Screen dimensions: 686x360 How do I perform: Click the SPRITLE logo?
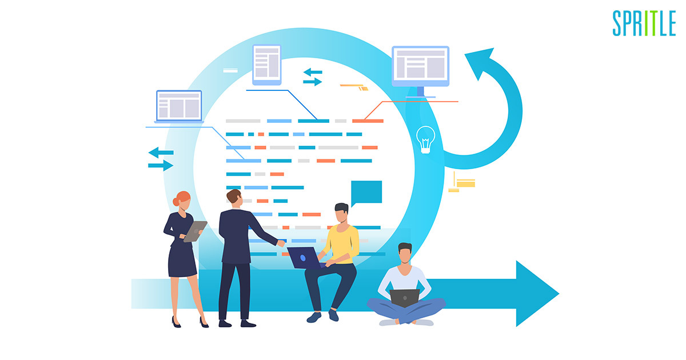click(644, 23)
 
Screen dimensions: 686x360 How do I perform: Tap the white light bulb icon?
click(425, 139)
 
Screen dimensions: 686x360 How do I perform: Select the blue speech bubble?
click(366, 193)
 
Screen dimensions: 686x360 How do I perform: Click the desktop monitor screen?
click(421, 66)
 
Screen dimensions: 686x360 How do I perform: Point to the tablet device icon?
click(267, 65)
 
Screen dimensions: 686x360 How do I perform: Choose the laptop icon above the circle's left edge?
click(179, 106)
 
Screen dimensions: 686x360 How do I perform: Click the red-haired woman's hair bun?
click(176, 202)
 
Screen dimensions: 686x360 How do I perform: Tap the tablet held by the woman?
click(195, 231)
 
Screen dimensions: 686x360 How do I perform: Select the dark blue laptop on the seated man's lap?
click(306, 258)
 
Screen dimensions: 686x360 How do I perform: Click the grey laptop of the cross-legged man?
click(405, 298)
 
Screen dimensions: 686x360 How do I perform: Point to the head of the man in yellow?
click(341, 213)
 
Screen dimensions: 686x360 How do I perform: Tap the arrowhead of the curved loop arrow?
click(480, 63)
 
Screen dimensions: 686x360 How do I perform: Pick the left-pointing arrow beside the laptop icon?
click(161, 153)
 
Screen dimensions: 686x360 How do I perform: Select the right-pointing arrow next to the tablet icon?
click(312, 82)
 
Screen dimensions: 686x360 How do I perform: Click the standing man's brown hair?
click(234, 195)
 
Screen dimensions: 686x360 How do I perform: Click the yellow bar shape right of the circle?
click(466, 183)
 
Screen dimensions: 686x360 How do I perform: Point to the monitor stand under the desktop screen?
click(421, 92)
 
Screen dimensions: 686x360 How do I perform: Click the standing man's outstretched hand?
click(281, 243)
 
